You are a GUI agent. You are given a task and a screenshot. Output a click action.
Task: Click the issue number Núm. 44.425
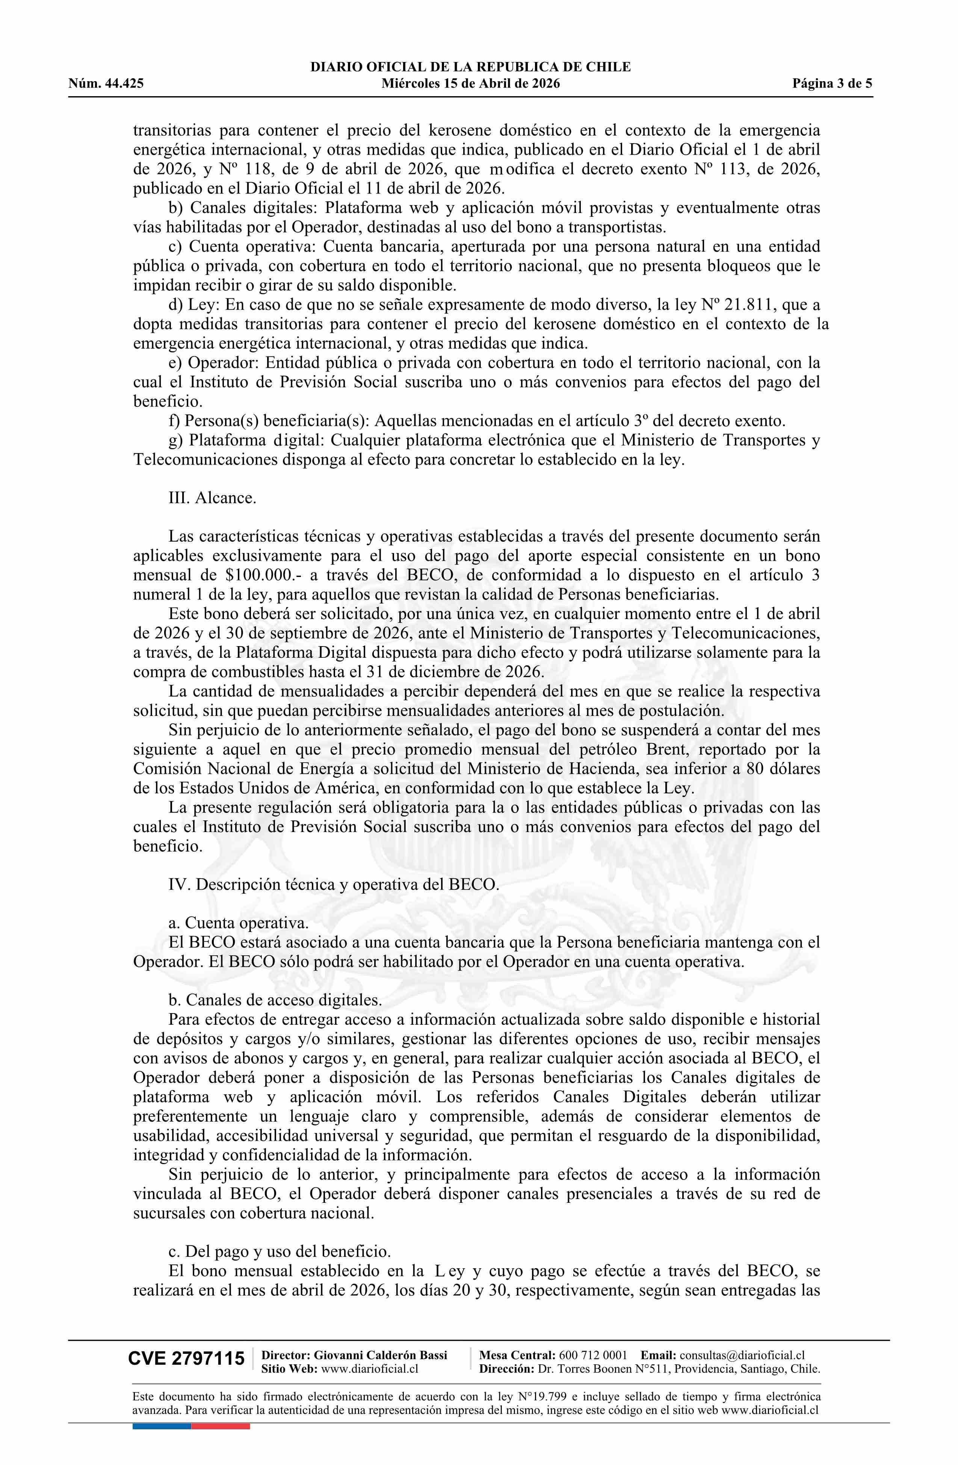[x=106, y=84]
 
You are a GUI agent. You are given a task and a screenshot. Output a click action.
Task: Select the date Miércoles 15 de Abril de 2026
[x=470, y=84]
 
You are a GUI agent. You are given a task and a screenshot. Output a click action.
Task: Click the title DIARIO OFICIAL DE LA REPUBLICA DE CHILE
[x=470, y=67]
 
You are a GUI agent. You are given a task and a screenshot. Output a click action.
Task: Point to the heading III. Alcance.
[x=212, y=497]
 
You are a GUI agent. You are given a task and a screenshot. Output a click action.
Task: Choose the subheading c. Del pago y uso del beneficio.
[x=279, y=1251]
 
